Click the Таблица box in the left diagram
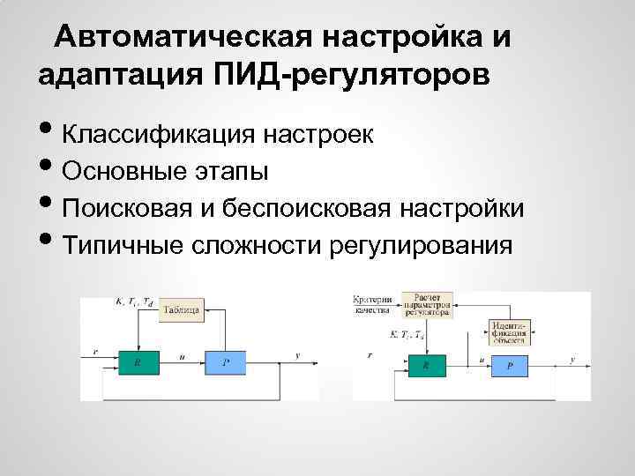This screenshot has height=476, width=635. pos(182,309)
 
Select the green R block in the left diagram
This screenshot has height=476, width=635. pos(138,361)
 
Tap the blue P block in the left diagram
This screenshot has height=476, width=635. pos(227,361)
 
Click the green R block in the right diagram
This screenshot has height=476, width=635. pos(427,363)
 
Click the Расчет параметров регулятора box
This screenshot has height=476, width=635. pos(428,304)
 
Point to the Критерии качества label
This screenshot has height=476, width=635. pos(372,304)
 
